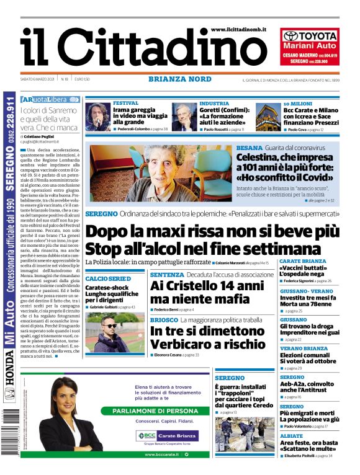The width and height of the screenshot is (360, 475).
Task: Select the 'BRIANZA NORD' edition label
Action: pos(180,79)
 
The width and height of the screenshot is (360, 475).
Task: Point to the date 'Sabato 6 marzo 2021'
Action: pos(38,79)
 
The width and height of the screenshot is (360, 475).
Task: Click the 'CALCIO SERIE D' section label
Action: pos(107,278)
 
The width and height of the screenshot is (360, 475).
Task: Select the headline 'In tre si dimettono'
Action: pos(198,331)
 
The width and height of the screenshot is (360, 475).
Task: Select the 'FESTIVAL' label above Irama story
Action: pos(125,103)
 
